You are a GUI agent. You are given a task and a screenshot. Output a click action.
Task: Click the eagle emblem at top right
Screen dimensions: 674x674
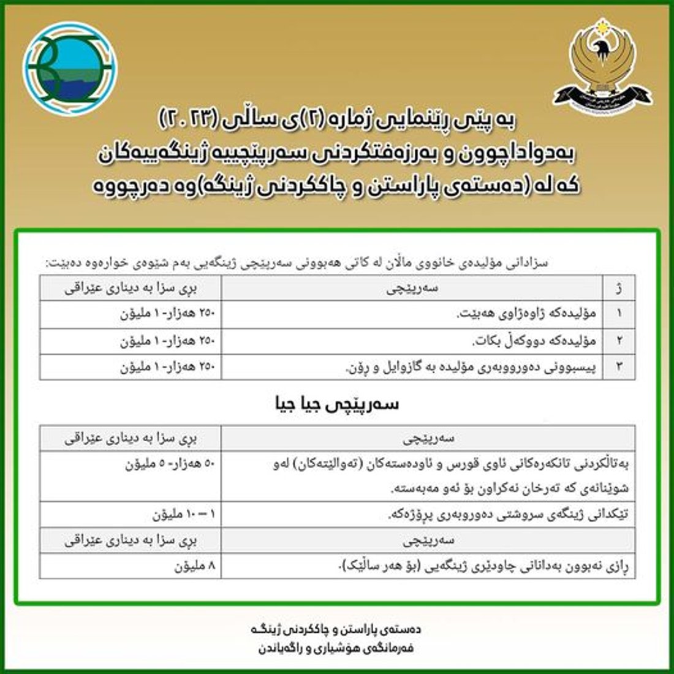pyautogui.click(x=603, y=67)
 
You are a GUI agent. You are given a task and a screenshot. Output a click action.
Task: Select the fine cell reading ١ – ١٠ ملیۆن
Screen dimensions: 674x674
pyautogui.click(x=184, y=515)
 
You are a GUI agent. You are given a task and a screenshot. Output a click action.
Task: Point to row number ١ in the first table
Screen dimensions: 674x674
pyautogui.click(x=619, y=314)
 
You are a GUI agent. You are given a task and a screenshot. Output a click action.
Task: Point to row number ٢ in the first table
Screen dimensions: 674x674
pyautogui.click(x=619, y=341)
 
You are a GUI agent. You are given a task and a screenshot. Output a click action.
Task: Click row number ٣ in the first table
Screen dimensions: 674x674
pyautogui.click(x=619, y=367)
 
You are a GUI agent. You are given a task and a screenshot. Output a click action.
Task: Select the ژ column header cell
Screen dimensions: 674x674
pyautogui.click(x=619, y=287)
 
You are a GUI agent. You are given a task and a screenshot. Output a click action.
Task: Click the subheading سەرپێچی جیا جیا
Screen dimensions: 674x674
pyautogui.click(x=337, y=404)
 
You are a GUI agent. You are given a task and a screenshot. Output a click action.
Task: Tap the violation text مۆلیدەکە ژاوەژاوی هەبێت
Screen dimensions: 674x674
pyautogui.click(x=527, y=314)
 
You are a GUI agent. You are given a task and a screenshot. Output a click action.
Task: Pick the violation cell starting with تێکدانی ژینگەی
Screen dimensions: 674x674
pyautogui.click(x=509, y=515)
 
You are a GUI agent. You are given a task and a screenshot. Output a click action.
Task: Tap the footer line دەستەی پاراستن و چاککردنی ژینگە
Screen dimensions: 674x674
pyautogui.click(x=336, y=629)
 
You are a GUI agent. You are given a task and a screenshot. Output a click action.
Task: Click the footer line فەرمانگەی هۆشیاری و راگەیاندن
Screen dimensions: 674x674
pyautogui.click(x=336, y=648)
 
